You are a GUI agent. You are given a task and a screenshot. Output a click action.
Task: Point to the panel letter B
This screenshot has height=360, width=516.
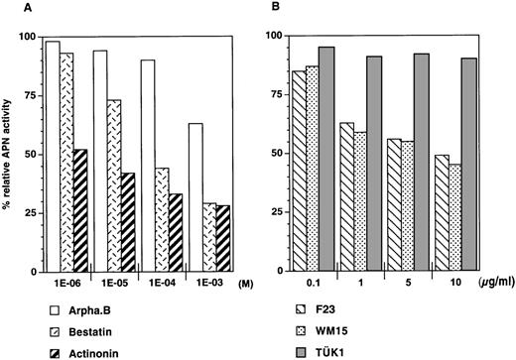tap(273, 11)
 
